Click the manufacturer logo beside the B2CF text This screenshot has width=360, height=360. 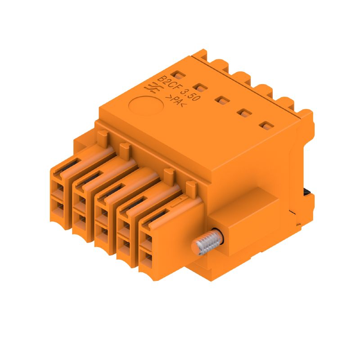(x=151, y=89)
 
